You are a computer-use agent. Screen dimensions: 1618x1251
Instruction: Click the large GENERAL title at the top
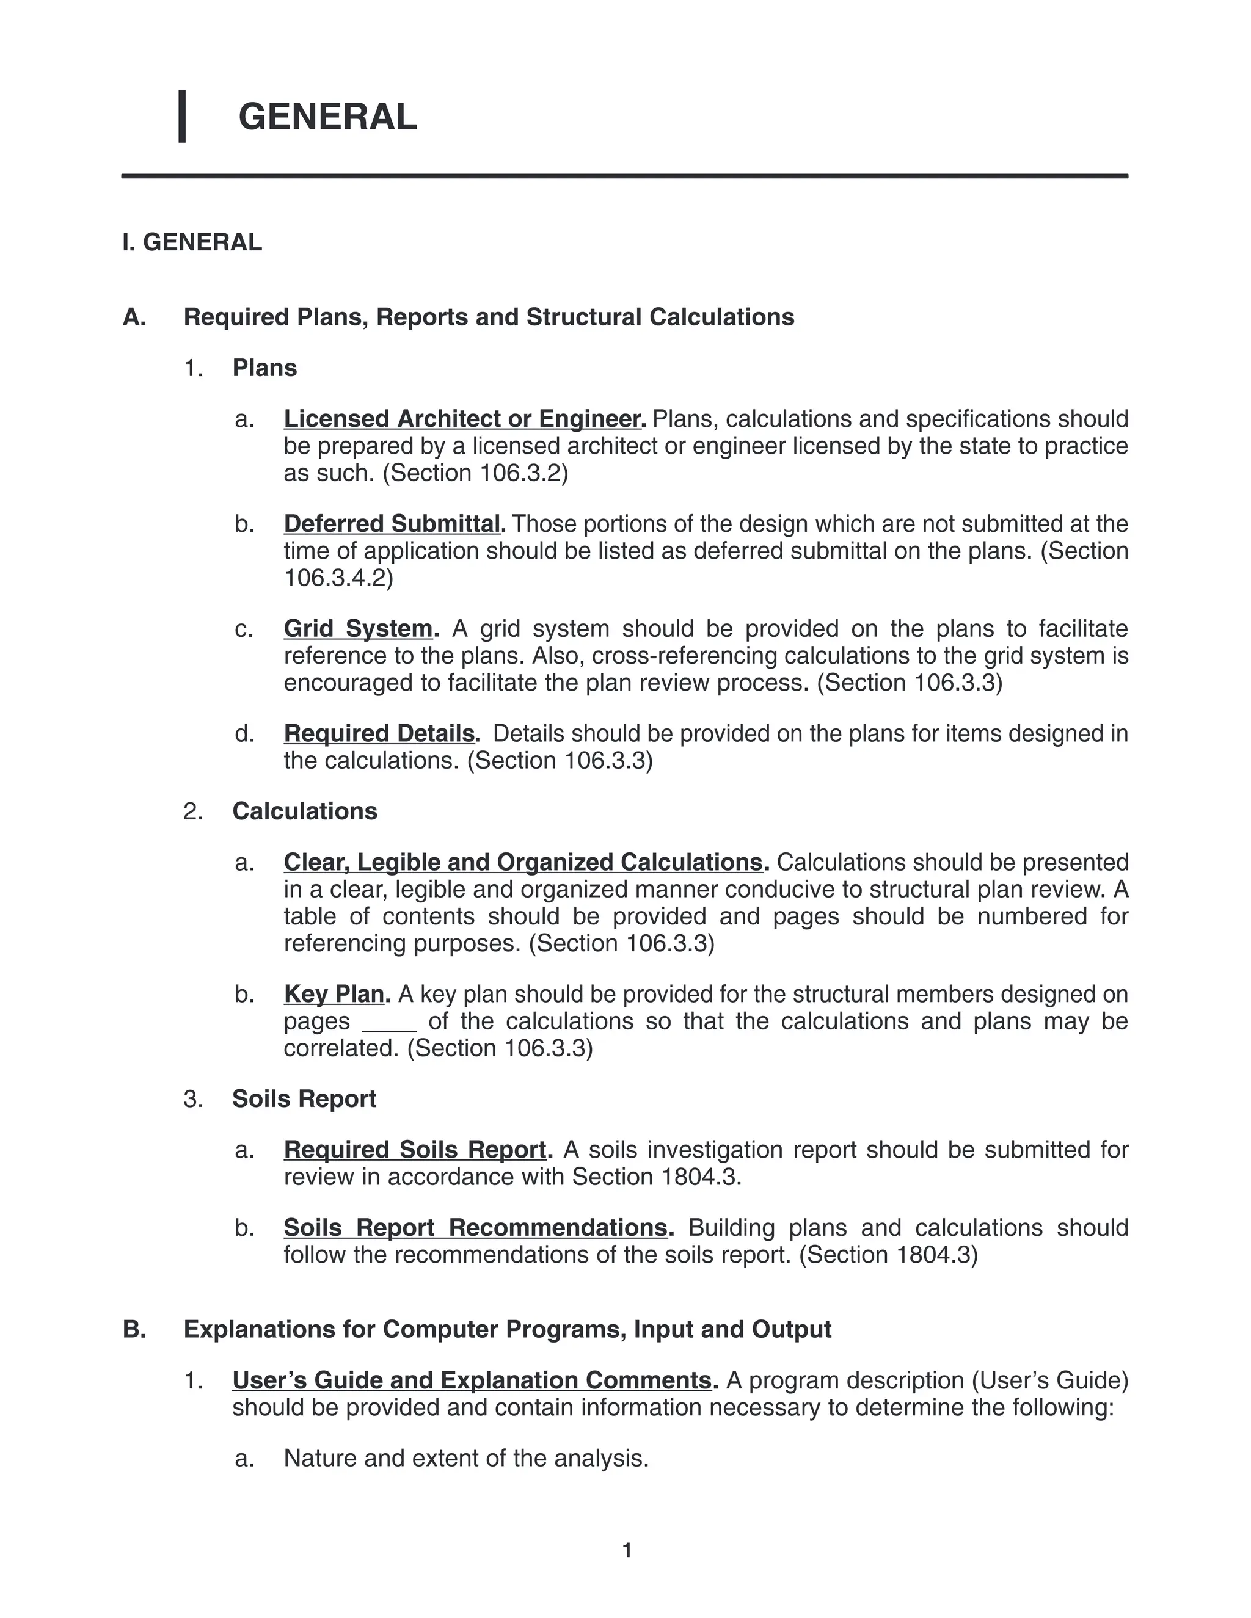(x=327, y=117)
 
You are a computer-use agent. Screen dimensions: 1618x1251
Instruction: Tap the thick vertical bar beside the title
(x=181, y=116)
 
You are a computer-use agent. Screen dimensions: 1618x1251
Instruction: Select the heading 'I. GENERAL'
(x=192, y=242)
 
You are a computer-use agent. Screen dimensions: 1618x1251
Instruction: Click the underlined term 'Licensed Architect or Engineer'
(x=463, y=419)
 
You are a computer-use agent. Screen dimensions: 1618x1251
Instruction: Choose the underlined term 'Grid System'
(x=359, y=629)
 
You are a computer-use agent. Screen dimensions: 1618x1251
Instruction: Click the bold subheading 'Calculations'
(x=305, y=811)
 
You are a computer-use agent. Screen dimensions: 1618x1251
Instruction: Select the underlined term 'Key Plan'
(x=334, y=994)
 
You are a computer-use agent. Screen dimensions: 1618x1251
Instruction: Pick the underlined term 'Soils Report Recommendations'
(x=476, y=1228)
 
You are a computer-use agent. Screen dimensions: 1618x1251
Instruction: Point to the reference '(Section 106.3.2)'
(x=475, y=473)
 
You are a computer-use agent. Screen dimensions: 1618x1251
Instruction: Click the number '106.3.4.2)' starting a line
(x=338, y=578)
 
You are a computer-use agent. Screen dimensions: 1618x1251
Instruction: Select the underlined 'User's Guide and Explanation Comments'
(x=472, y=1380)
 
